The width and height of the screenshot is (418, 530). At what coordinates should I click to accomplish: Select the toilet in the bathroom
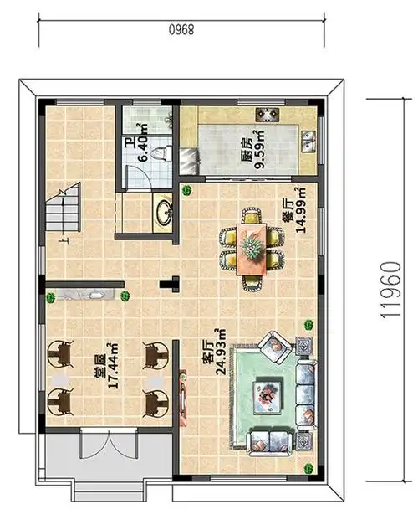click(x=165, y=153)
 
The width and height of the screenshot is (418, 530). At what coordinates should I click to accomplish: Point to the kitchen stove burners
click(x=269, y=114)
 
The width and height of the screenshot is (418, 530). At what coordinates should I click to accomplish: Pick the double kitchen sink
click(x=310, y=142)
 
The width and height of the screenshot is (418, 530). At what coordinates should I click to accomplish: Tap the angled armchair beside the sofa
click(x=273, y=343)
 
